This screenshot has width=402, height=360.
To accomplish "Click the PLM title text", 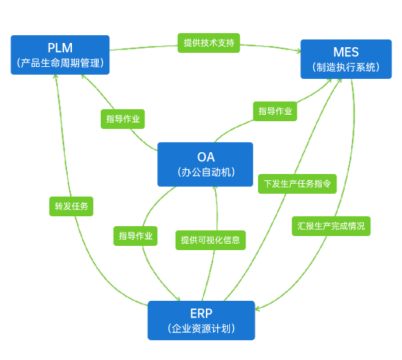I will click(60, 48).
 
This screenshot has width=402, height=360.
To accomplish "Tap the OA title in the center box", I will click(205, 156).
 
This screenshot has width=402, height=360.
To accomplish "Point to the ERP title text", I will click(201, 314).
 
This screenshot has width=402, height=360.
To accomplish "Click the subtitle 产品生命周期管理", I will click(60, 63).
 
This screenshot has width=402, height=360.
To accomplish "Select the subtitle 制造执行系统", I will click(346, 68).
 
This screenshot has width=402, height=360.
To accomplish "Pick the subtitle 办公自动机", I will click(205, 172).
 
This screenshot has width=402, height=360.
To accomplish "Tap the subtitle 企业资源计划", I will click(201, 329).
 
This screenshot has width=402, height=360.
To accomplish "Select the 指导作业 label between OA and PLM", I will click(123, 119).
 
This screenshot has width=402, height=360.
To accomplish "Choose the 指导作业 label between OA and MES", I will click(275, 111).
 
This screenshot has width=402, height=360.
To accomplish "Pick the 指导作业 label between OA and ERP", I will click(135, 236).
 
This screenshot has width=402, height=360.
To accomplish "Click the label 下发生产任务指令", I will click(296, 183).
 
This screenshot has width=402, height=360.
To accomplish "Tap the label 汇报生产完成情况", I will click(331, 226).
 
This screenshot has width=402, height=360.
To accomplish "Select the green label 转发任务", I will click(71, 206).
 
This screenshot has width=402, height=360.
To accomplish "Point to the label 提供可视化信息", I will click(210, 240).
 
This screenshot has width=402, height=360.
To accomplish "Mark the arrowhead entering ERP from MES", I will click(259, 309).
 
